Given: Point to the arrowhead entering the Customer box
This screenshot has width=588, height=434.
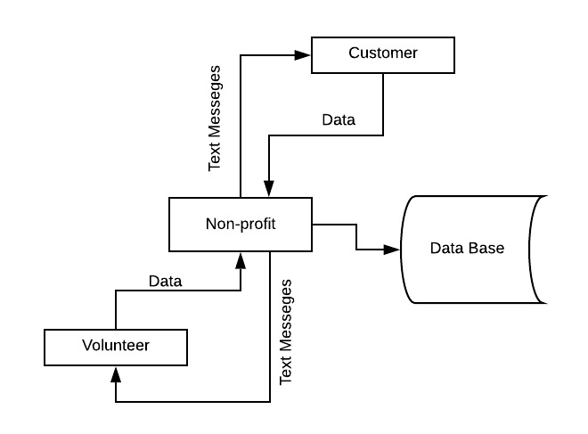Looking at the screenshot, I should click(303, 53).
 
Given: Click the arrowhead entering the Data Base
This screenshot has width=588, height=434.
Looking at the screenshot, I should click(393, 250).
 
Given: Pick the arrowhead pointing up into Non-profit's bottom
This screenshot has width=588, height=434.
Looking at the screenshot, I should click(241, 258).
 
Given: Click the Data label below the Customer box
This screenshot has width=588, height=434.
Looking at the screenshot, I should click(338, 120).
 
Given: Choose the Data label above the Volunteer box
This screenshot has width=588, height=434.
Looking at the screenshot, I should click(165, 282).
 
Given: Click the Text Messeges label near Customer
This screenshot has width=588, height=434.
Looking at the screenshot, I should click(215, 118).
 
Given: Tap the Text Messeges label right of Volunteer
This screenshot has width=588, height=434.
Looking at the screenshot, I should click(286, 332).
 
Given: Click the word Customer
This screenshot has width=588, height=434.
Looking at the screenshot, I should click(383, 53).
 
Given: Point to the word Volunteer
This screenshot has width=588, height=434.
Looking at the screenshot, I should click(116, 346).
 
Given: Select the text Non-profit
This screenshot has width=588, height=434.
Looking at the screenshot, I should click(240, 224).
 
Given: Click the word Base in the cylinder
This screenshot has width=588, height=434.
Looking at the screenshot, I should click(487, 248).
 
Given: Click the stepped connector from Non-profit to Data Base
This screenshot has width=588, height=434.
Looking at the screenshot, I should click(356, 237).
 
